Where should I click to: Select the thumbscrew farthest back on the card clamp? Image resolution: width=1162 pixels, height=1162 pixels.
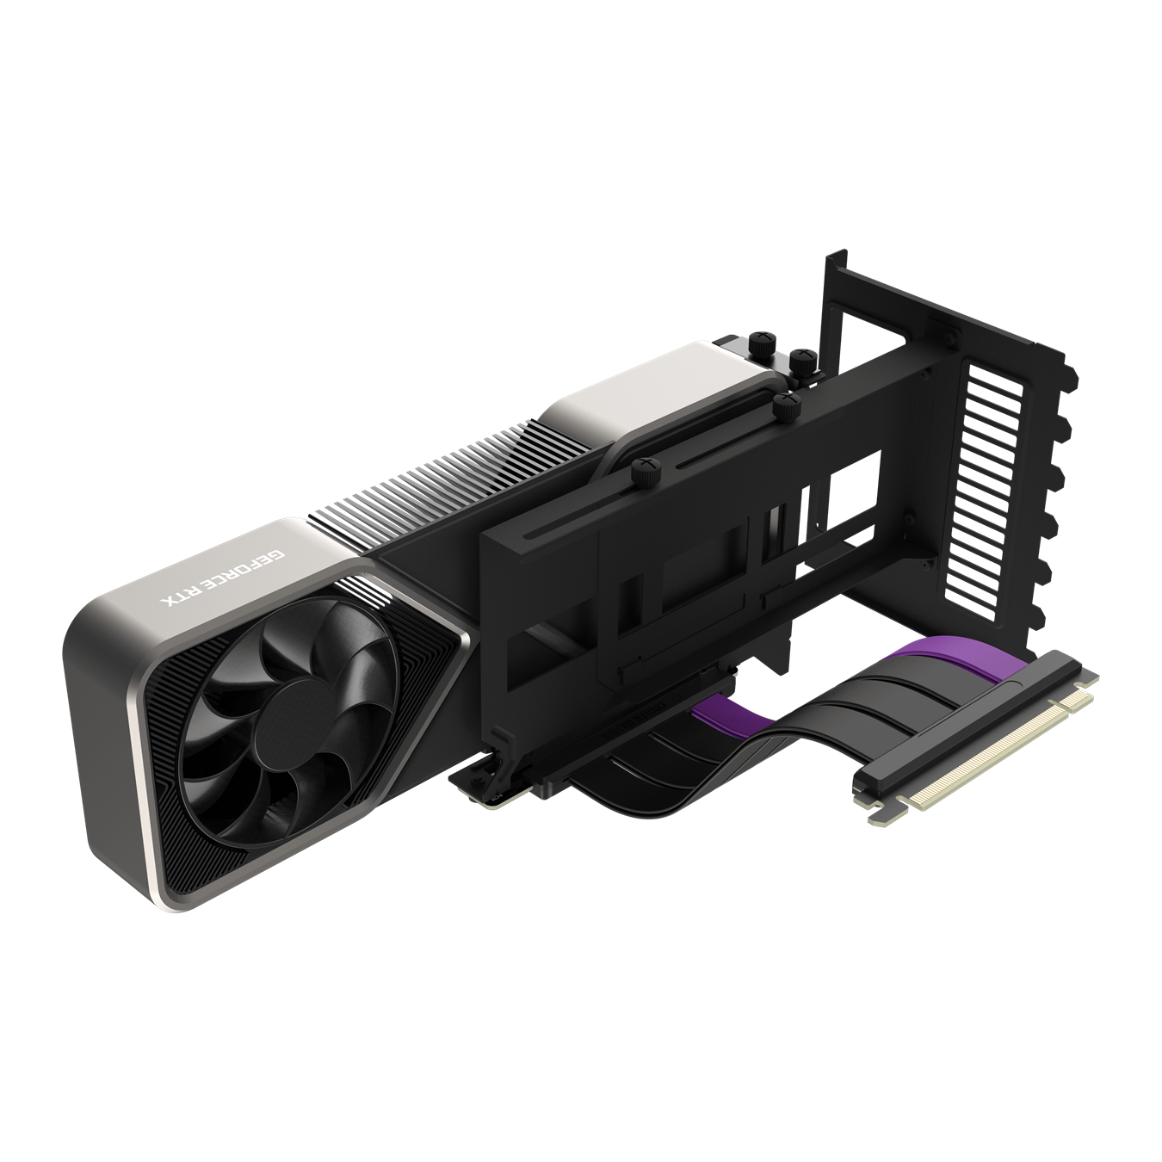[x=762, y=339]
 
